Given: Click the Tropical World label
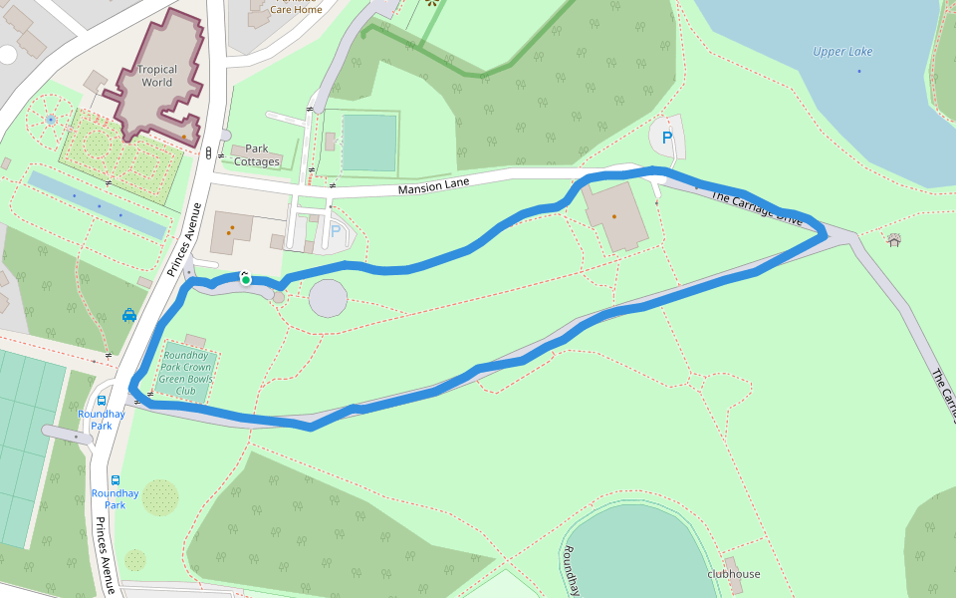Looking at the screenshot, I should point(157,76).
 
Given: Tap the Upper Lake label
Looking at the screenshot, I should point(842,52).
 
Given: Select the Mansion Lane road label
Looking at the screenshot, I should point(433,185).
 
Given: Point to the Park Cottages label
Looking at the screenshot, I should point(257,155).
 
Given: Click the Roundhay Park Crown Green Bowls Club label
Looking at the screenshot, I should point(187,373).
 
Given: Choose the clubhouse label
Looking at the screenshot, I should point(734,574).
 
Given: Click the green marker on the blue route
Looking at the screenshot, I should point(245,280).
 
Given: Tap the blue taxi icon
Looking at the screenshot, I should point(129,315).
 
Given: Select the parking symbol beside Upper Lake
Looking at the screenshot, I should point(667,139).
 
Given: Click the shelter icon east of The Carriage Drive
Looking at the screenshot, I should point(893,239).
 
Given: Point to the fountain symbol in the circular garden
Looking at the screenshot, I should point(51,121).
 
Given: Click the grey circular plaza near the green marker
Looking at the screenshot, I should point(329,298).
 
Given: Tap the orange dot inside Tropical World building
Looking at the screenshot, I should point(184,137).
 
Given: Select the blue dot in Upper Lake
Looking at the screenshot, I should point(858,72).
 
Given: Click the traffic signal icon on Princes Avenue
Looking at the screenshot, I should point(209,153).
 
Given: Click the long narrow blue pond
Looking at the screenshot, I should point(97,205).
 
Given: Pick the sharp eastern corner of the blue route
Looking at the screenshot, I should point(825,235).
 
